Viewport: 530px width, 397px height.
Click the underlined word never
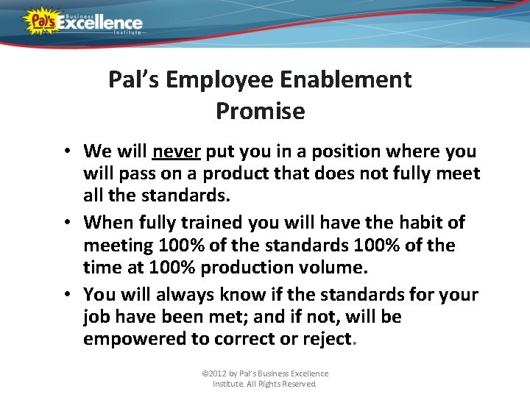click(x=177, y=151)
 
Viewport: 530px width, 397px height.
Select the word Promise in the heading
click(x=260, y=111)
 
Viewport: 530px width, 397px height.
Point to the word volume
click(x=341, y=268)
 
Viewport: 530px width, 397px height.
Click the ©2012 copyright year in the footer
click(x=216, y=373)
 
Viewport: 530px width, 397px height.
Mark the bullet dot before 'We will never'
click(x=66, y=152)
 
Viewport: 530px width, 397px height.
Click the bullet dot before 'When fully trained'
click(x=66, y=222)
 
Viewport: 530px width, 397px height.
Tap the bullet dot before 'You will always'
click(x=66, y=294)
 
